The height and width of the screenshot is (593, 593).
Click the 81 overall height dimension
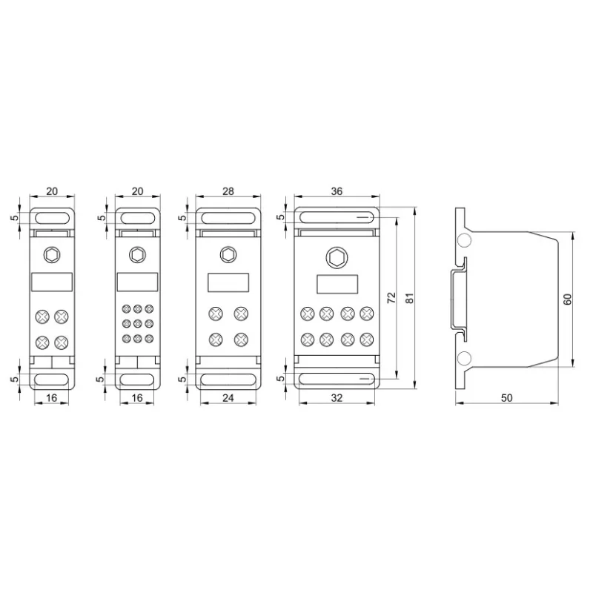pyautogui.click(x=410, y=298)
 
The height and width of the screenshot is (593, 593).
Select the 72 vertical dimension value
pyautogui.click(x=391, y=298)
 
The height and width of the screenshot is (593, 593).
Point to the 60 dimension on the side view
pyautogui.click(x=567, y=299)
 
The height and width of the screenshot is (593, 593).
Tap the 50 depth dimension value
pyautogui.click(x=507, y=398)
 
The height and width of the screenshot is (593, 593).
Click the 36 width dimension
pyautogui.click(x=337, y=191)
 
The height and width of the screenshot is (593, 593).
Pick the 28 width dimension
pyautogui.click(x=228, y=191)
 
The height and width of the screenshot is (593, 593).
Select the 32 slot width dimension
pyautogui.click(x=337, y=398)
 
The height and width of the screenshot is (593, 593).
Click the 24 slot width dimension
pyautogui.click(x=228, y=398)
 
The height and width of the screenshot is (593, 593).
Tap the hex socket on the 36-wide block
pyautogui.click(x=337, y=258)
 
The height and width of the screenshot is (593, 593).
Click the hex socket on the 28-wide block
pyautogui.click(x=228, y=255)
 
